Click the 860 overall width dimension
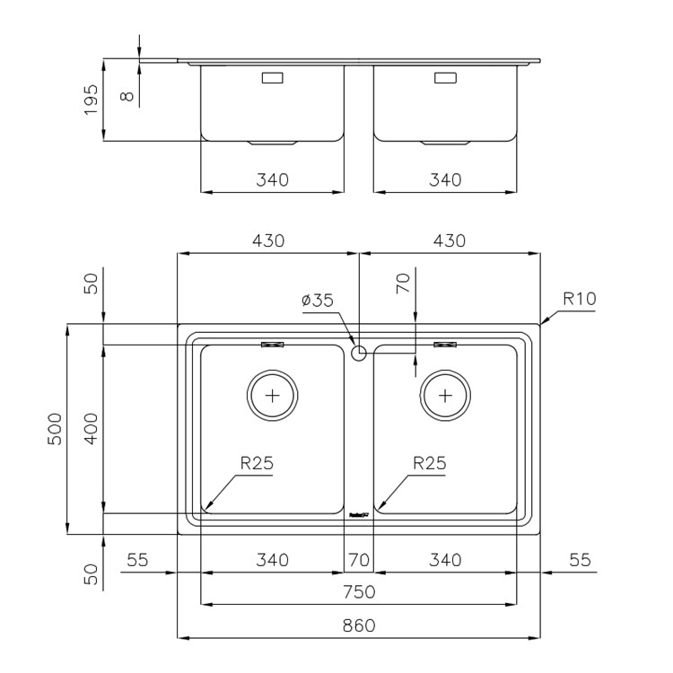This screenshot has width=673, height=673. (x=359, y=625)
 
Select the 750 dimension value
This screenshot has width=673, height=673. (x=359, y=592)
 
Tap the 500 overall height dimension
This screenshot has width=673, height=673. (x=55, y=429)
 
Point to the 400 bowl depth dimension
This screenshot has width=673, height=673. (x=91, y=429)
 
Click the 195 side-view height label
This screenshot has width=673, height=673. (x=91, y=100)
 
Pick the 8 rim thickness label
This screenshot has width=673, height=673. (x=127, y=96)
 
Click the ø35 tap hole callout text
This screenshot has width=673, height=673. (x=318, y=300)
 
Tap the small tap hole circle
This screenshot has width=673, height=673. (x=359, y=354)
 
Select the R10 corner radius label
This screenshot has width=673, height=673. (x=580, y=299)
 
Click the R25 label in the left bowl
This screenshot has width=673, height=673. (x=257, y=463)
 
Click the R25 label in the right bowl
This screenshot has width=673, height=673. (x=430, y=463)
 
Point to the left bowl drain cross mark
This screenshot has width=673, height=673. (x=273, y=396)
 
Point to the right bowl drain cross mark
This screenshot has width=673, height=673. (x=445, y=396)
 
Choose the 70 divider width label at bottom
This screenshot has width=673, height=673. (x=359, y=560)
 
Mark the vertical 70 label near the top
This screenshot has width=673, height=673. (x=404, y=284)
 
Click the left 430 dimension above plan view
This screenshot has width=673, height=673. (x=268, y=240)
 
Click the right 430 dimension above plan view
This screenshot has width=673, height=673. (x=450, y=240)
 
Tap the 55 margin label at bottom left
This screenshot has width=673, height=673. (x=137, y=560)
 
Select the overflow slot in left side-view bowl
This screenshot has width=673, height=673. (x=273, y=78)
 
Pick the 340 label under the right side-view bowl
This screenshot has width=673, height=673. (x=445, y=179)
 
